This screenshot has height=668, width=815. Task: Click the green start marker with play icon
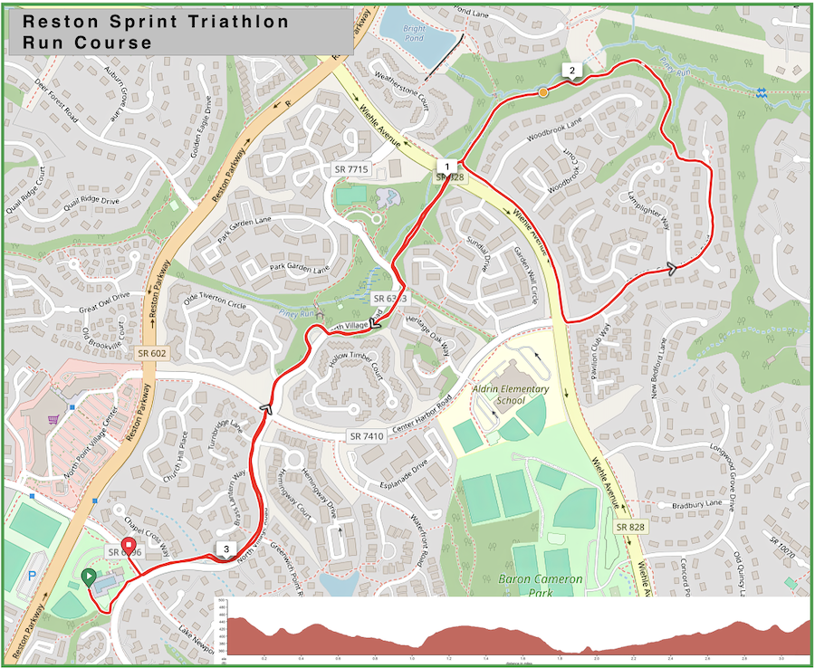pyautogui.click(x=89, y=577)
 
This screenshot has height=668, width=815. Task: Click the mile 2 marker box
pyautogui.click(x=571, y=70)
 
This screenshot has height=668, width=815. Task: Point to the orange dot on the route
pyautogui.click(x=542, y=92)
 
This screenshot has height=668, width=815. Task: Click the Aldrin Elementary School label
pyautogui.click(x=511, y=395)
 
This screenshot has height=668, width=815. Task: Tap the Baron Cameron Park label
pyautogui.click(x=541, y=578)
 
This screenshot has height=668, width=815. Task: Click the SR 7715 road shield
pyautogui.click(x=351, y=169)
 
